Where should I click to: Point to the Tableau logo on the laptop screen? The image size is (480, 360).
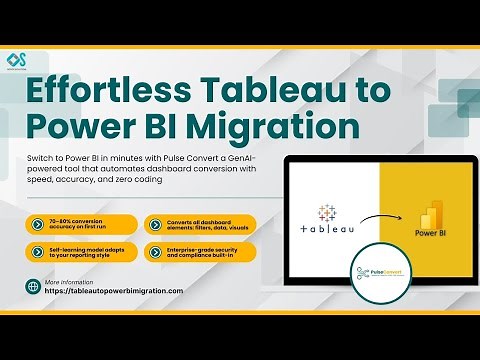tap(326, 219)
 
